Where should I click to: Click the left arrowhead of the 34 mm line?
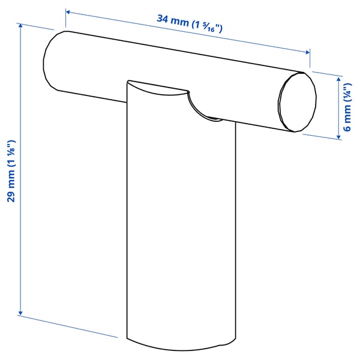[68, 11]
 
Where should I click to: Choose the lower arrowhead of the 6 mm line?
[340, 137]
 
